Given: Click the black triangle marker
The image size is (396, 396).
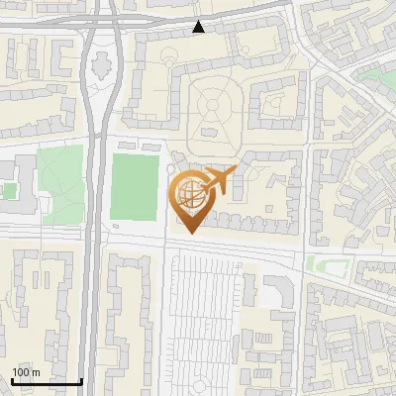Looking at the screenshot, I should pos(199,27).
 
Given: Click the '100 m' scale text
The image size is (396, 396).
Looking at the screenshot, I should pos(26,371).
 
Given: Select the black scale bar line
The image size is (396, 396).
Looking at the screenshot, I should pos(47,380).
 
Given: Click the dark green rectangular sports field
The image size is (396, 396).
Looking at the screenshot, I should pos(134,186).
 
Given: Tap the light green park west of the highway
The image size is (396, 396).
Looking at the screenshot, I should pos(61,182).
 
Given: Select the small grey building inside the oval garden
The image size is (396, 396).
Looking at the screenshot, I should pos(211,130).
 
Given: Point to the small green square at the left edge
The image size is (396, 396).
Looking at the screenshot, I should pos(8,190).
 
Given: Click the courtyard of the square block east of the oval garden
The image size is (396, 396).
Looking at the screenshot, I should pos(274,106).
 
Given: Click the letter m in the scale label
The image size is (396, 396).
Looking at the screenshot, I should pos(36,371).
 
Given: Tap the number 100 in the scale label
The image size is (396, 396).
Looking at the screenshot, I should pos(21,371).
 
